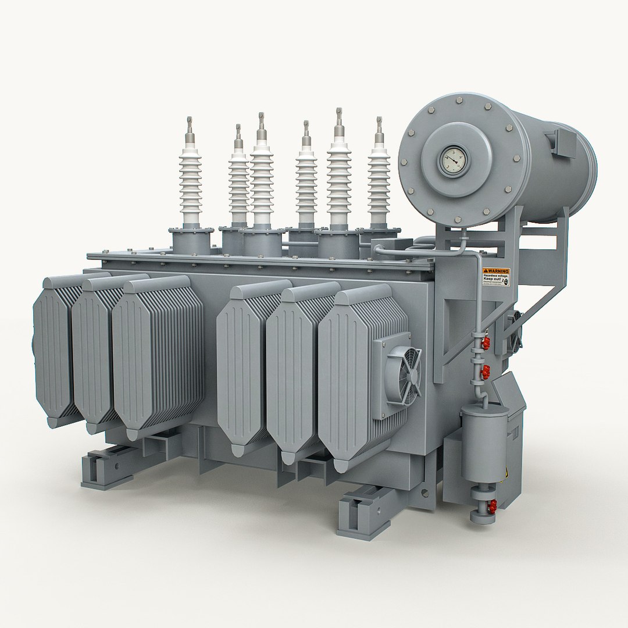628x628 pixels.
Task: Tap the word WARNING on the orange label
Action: click(x=497, y=272)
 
